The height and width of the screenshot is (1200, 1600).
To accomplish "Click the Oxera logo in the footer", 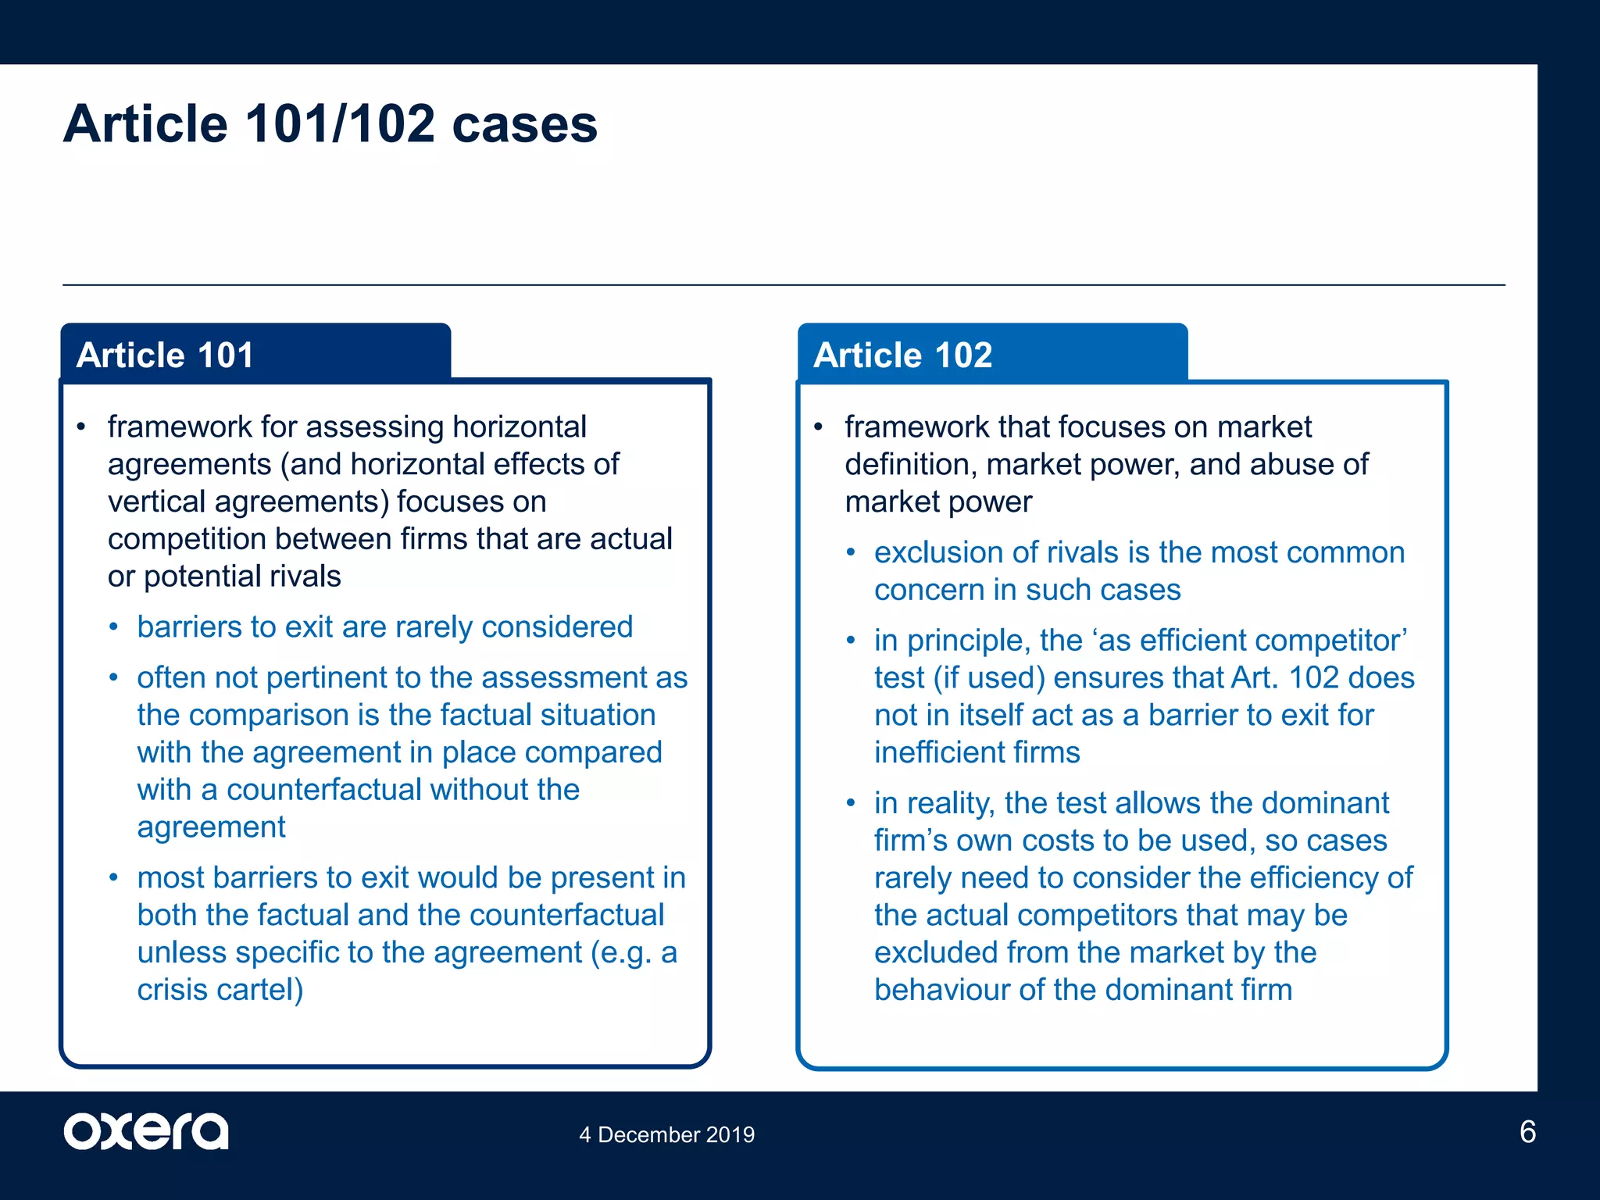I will [x=146, y=1131].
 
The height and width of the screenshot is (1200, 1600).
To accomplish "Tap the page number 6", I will [x=1527, y=1131].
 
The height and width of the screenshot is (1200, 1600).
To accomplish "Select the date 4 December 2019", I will [x=666, y=1134].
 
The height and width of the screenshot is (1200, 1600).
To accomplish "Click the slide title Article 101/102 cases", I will [x=330, y=124].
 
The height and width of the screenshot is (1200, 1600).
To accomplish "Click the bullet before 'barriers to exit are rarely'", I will [x=114, y=627].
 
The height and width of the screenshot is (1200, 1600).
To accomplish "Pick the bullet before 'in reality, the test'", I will [x=851, y=803].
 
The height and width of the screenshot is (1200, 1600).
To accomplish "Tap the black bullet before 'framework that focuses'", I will [x=818, y=427].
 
